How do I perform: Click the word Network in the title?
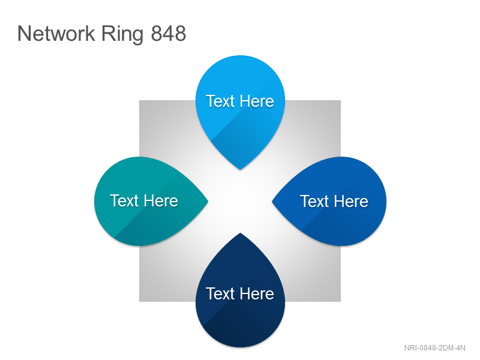(x=56, y=33)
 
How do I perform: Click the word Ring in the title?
(x=122, y=35)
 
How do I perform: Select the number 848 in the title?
(x=169, y=33)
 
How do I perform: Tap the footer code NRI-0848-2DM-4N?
(x=434, y=348)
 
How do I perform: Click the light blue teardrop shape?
(x=241, y=107)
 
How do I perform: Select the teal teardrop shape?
(x=147, y=201)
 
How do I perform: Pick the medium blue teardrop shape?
(x=334, y=201)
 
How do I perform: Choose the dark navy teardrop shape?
(x=241, y=294)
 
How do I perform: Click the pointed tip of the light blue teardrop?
(x=241, y=169)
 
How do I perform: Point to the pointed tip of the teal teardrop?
(x=208, y=201)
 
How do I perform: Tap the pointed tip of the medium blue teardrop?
(x=272, y=201)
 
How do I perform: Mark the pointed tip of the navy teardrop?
(x=241, y=233)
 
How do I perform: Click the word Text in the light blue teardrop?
(x=220, y=101)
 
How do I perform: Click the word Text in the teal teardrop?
(x=124, y=201)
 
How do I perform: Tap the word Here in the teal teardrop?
(x=161, y=201)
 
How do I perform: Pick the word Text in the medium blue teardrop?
(x=314, y=202)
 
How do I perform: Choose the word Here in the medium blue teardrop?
(x=351, y=202)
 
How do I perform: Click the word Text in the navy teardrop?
(x=220, y=293)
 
